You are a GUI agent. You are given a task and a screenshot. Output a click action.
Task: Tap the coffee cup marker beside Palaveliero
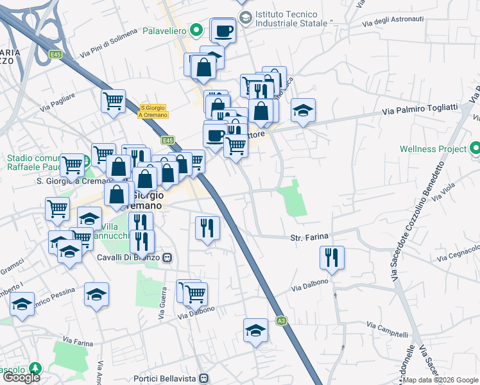[223, 30]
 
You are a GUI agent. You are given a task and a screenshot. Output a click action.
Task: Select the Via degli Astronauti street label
[393, 21]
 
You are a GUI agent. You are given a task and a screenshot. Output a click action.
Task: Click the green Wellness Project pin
[474, 149]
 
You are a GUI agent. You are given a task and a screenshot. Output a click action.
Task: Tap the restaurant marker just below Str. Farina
[332, 258]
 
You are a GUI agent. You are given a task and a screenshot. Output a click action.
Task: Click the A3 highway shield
[281, 320]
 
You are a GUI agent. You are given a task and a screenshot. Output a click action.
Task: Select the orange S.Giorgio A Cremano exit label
[153, 111]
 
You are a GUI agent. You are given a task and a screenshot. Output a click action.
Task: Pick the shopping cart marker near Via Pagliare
[113, 101]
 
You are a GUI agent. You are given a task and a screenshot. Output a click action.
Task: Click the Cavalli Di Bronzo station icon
[167, 258]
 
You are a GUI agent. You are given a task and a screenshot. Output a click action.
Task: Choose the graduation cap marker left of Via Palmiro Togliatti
[304, 110]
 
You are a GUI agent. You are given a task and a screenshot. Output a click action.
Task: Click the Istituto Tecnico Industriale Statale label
[296, 19]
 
